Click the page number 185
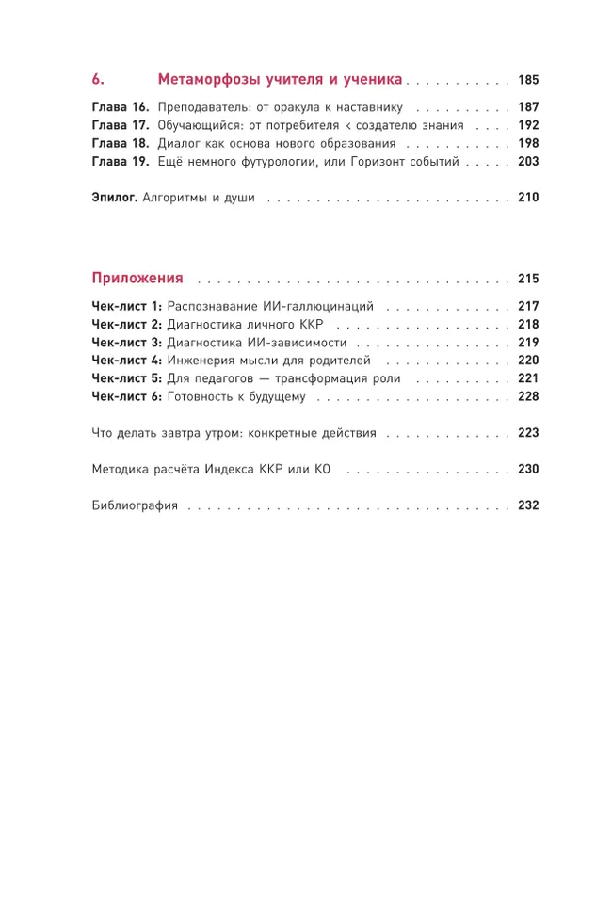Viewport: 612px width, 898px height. pyautogui.click(x=527, y=80)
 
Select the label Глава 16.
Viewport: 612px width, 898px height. pyautogui.click(x=121, y=107)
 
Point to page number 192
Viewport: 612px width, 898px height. pyautogui.click(x=527, y=125)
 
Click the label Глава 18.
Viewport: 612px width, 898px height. pyautogui.click(x=121, y=144)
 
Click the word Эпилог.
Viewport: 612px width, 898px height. pyautogui.click(x=115, y=199)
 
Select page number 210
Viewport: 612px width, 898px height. pyautogui.click(x=527, y=199)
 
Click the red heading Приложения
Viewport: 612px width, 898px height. pyautogui.click(x=137, y=279)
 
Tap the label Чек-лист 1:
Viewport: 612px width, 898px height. pyautogui.click(x=126, y=307)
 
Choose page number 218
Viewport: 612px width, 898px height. pyautogui.click(x=527, y=325)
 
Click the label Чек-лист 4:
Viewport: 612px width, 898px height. pyautogui.click(x=126, y=361)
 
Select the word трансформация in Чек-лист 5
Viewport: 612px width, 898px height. pyautogui.click(x=325, y=378)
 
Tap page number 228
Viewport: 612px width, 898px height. pyautogui.click(x=527, y=396)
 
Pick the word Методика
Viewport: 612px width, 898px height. pyautogui.click(x=121, y=469)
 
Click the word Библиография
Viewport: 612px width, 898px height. pyautogui.click(x=135, y=505)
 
